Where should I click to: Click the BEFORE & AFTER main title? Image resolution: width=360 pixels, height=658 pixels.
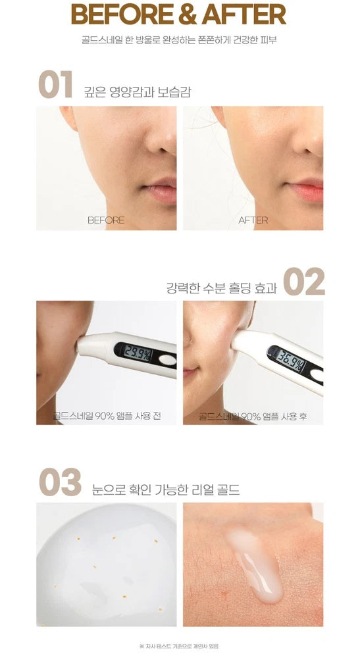[x=179, y=14]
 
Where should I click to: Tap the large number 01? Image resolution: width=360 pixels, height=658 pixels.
[x=55, y=84]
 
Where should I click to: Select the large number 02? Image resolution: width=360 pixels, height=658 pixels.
[x=304, y=282]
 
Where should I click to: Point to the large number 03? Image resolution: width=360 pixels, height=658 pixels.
[x=60, y=482]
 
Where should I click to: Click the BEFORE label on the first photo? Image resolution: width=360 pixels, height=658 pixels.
[x=106, y=220]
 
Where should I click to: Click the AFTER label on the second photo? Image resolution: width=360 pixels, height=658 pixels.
[x=253, y=220]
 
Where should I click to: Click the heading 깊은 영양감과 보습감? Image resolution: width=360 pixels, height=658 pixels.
[x=138, y=92]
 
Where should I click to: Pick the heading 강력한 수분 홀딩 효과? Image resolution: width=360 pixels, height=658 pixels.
[x=222, y=288]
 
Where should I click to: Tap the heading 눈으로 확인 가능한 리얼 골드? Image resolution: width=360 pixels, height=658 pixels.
[x=166, y=490]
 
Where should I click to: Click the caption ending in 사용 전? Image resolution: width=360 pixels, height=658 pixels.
[x=107, y=416]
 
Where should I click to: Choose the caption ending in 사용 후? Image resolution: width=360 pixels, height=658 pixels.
[x=253, y=416]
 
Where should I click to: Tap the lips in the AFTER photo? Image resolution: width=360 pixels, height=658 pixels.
[x=305, y=190]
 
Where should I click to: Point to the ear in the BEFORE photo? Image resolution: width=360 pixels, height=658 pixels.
[x=68, y=117]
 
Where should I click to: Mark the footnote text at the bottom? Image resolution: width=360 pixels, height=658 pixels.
[x=179, y=646]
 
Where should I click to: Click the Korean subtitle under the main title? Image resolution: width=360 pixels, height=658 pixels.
[x=179, y=41]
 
